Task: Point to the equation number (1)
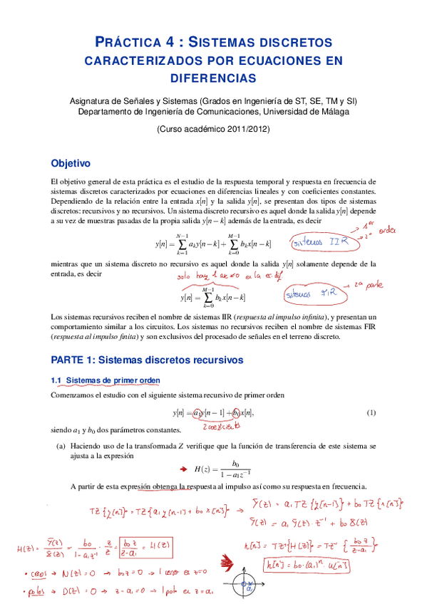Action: (x=371, y=413)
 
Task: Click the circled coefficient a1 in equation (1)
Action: (x=197, y=414)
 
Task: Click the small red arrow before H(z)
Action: (x=180, y=468)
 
